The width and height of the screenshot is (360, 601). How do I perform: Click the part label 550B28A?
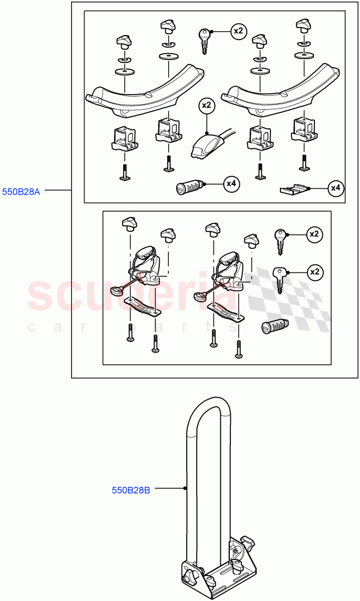pos(21,192)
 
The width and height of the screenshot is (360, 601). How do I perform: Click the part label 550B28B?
pos(131,490)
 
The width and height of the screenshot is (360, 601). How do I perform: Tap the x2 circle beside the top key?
pos(238,32)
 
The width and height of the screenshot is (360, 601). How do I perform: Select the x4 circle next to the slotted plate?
pos(336,188)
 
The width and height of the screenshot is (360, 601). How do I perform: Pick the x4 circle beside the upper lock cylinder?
pos(231,184)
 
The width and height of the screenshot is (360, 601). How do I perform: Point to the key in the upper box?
pos(204,41)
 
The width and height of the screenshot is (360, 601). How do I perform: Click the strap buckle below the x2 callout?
pos(207,146)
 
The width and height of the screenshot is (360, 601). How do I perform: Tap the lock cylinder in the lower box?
pos(274,326)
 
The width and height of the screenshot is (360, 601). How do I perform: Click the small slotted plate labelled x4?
pos(293,190)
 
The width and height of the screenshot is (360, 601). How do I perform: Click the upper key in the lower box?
pos(280,241)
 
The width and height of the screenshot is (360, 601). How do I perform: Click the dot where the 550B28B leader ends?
pos(185,488)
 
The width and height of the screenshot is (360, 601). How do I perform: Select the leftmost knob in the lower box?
pos(130,224)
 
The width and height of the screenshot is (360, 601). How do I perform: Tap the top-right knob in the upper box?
pos(303,26)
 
